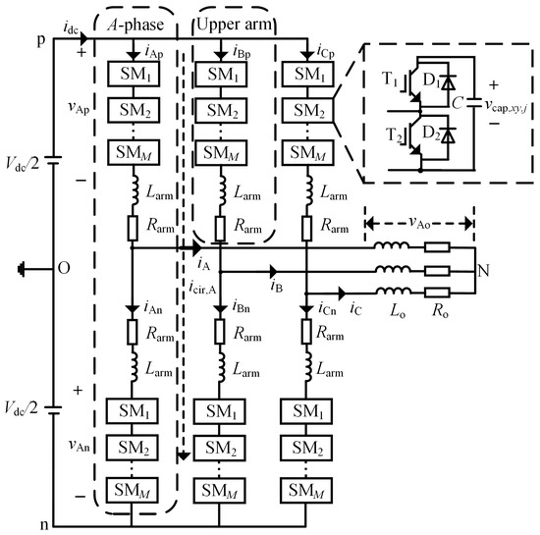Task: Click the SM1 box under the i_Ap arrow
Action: [x=132, y=75]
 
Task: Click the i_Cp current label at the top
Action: [x=321, y=48]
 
